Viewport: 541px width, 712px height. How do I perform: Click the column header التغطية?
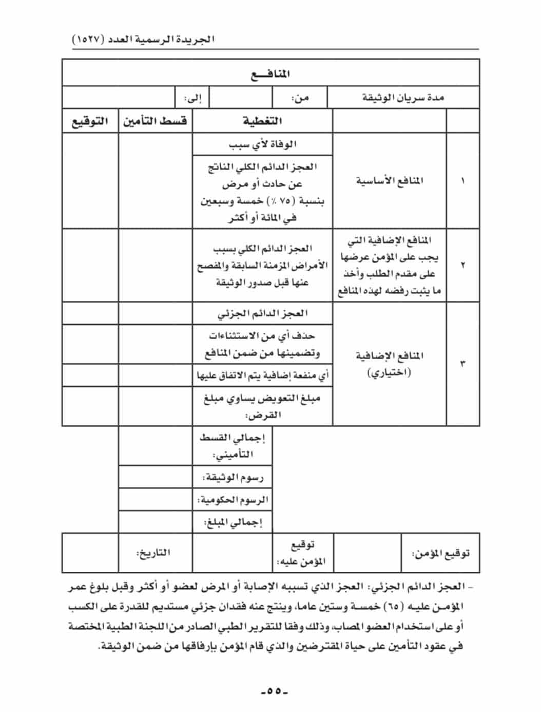[262, 121]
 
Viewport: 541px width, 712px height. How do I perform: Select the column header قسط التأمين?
[154, 121]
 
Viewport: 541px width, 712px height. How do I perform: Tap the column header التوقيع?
[90, 122]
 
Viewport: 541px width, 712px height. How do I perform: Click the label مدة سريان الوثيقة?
[403, 98]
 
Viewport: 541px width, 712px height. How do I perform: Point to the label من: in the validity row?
[300, 98]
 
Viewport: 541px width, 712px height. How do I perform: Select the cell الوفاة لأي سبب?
[262, 144]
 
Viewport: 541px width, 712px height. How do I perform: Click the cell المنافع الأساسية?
[390, 181]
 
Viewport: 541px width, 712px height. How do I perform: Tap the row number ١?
[463, 181]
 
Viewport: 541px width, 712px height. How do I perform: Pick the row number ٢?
[463, 265]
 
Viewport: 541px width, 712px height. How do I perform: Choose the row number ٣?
[463, 364]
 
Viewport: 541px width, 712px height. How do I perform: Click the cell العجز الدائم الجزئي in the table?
[262, 313]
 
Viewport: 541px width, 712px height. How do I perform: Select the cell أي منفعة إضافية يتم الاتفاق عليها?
[262, 376]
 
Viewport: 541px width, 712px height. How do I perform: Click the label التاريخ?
[153, 553]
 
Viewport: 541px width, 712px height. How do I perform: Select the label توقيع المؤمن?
[440, 553]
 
